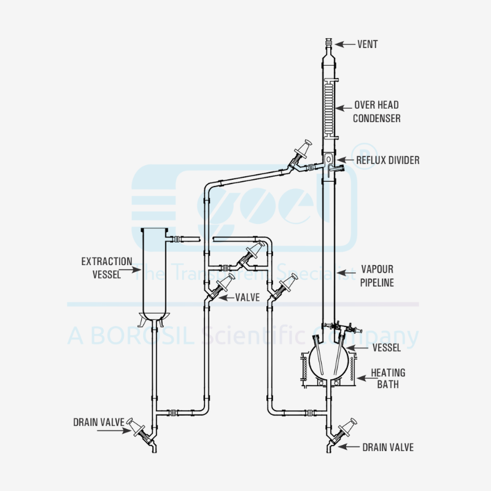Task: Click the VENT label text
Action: pyautogui.click(x=367, y=44)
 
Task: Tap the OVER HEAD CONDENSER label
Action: pyautogui.click(x=376, y=112)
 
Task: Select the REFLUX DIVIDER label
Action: pyautogui.click(x=388, y=160)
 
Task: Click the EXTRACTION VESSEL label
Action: pyautogui.click(x=106, y=268)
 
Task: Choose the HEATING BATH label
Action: pyautogui.click(x=388, y=378)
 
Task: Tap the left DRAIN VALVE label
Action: pyautogui.click(x=98, y=422)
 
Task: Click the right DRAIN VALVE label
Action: pyautogui.click(x=388, y=447)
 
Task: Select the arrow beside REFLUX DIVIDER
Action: pyautogui.click(x=346, y=160)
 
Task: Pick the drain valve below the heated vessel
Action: pyautogui.click(x=344, y=431)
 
